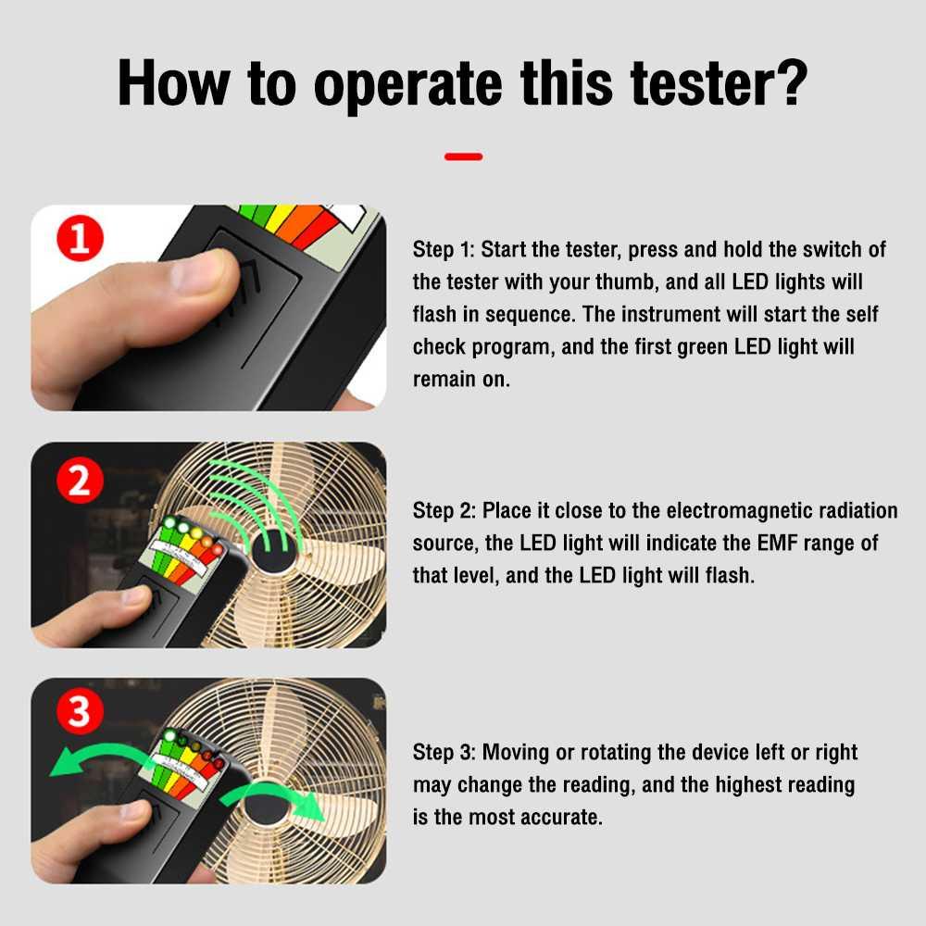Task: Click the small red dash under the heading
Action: click(464, 156)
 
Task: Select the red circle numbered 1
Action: click(80, 238)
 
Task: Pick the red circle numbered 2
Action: click(80, 480)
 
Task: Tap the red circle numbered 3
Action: click(80, 710)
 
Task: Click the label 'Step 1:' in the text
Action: click(444, 250)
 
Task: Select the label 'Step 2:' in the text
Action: click(444, 511)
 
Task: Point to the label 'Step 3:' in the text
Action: click(444, 752)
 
